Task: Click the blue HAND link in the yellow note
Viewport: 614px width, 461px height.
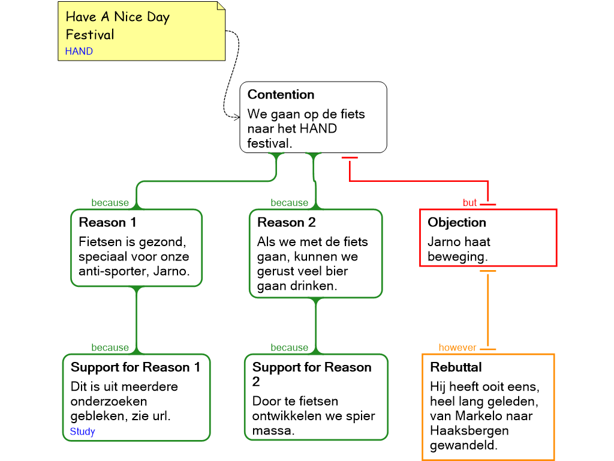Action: pos(79,51)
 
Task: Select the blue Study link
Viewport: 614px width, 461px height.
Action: pos(82,432)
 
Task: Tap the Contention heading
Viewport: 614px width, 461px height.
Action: pos(281,95)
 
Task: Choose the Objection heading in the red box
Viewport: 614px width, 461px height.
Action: pos(456,223)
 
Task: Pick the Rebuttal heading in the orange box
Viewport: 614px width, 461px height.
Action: pos(456,367)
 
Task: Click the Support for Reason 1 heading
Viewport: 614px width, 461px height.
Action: pos(136,367)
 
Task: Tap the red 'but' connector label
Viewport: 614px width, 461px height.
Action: pos(469,203)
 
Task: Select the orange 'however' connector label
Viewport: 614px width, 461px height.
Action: pos(457,348)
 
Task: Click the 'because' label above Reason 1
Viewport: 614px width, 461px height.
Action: pos(110,203)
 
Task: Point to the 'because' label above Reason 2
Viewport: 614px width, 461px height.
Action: pos(289,203)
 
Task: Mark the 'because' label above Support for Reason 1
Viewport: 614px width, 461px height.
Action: pos(110,348)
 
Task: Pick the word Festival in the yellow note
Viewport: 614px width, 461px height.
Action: pos(90,34)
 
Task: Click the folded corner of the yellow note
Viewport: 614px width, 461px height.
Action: pos(221,6)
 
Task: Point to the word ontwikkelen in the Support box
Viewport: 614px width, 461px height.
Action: pos(289,416)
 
